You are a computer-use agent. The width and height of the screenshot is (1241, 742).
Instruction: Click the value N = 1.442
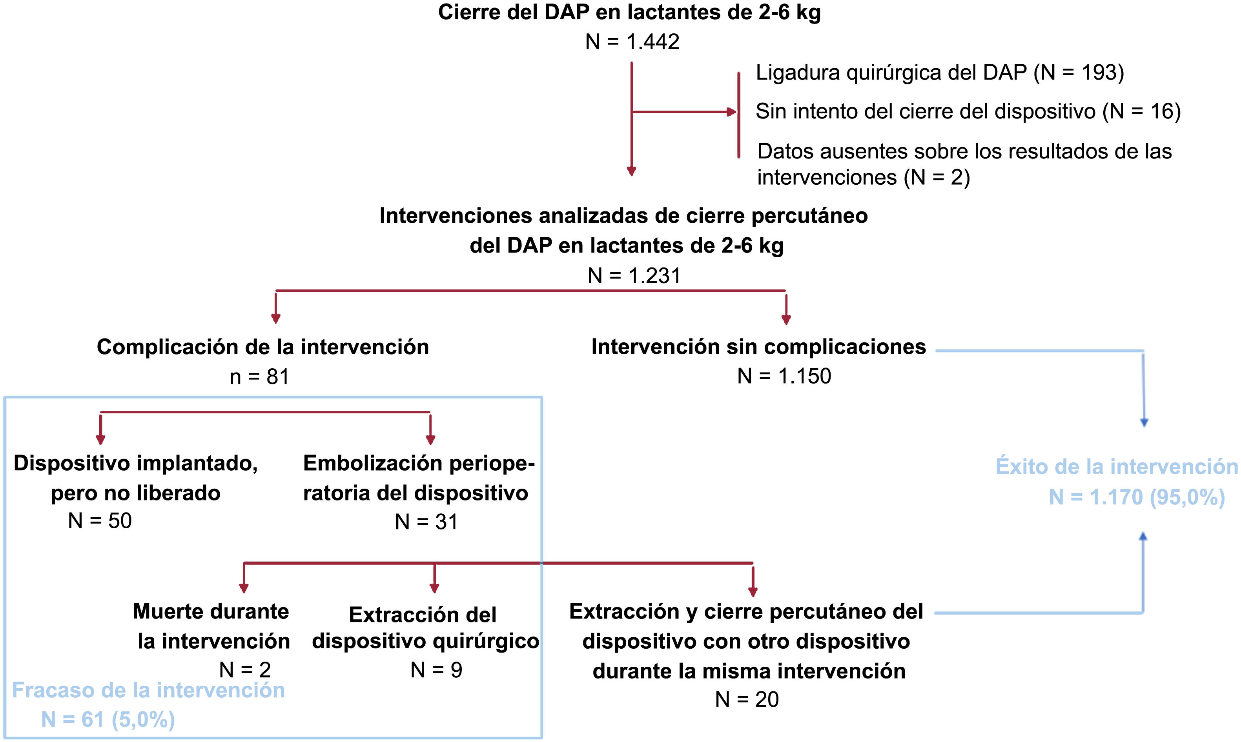(x=632, y=42)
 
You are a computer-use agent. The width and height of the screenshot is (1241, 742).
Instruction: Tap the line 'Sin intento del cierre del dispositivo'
(x=926, y=111)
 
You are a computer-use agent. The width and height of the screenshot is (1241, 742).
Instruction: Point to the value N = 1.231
(x=634, y=275)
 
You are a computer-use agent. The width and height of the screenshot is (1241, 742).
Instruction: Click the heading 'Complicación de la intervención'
(x=262, y=347)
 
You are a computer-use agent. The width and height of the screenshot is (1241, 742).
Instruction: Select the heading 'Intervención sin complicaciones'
(x=758, y=347)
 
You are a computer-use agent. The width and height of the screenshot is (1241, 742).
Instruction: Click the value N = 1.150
(x=784, y=376)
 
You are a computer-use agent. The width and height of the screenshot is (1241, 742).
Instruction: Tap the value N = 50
(x=100, y=521)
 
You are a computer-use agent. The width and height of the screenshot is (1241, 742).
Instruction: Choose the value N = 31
(x=426, y=522)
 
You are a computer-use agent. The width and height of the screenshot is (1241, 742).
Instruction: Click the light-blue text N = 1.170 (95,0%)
(x=1137, y=497)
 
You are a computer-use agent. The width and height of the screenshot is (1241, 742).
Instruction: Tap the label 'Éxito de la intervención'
(x=1117, y=467)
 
